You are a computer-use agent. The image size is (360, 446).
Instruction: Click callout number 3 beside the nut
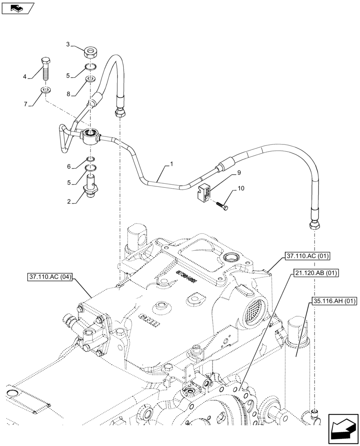[x=68, y=44]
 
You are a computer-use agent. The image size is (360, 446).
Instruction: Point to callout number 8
[x=68, y=95]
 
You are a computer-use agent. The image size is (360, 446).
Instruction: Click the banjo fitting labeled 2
[x=91, y=187]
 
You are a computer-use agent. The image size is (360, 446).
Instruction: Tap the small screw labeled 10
[x=221, y=205]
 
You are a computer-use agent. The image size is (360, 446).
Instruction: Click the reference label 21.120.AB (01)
[x=316, y=272]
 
